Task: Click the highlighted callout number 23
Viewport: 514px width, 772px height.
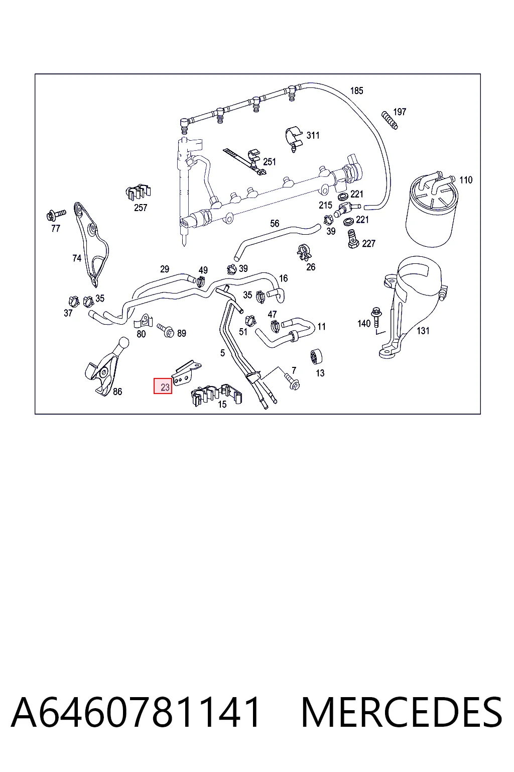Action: (x=163, y=387)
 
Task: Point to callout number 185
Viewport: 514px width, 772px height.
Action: (x=357, y=90)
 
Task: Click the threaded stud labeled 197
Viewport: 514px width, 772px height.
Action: (x=390, y=120)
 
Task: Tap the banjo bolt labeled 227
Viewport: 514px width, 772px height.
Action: (x=352, y=239)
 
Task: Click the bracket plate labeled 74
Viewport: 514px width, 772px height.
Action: (x=90, y=243)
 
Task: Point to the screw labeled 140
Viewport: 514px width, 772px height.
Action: (x=376, y=317)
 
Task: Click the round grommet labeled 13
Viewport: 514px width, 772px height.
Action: (x=316, y=357)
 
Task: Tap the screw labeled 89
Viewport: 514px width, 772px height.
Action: (x=166, y=330)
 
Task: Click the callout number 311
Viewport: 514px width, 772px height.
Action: (x=313, y=135)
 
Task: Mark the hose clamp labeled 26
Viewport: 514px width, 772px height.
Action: (x=304, y=253)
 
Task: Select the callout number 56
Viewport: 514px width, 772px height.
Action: (x=275, y=224)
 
